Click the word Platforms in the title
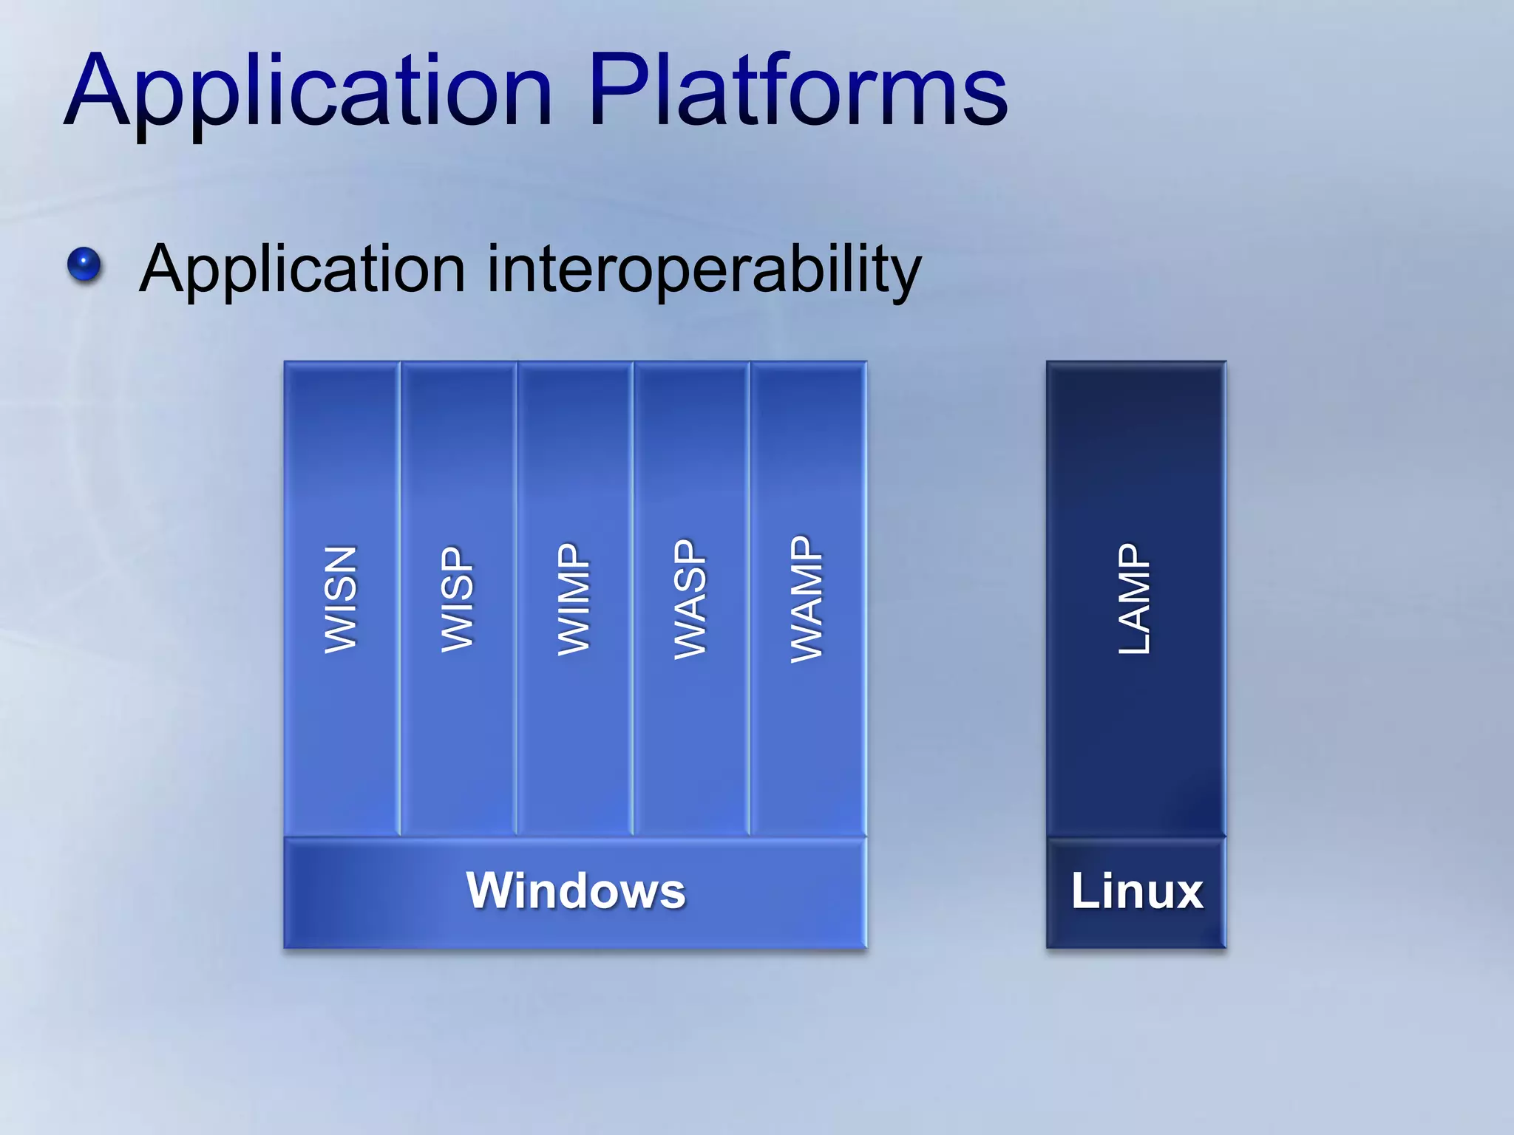pos(798,92)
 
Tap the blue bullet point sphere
pos(84,265)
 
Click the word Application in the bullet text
pos(302,270)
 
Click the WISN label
pos(342,599)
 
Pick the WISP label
pos(458,599)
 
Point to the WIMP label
pos(574,599)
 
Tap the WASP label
pos(690,599)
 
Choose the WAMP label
pos(807,599)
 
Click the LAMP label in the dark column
pos(1135,599)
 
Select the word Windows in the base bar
pos(576,891)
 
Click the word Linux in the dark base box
pos(1137,891)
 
